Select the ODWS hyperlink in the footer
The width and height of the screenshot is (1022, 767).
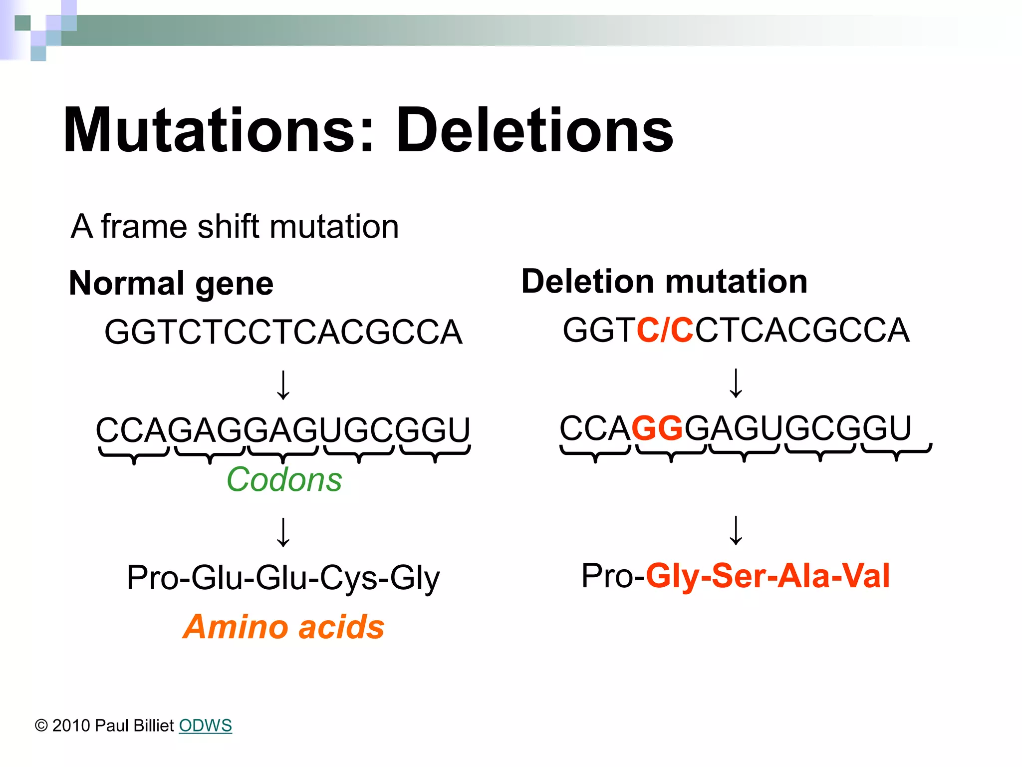(x=205, y=725)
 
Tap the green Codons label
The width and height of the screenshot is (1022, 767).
(x=284, y=479)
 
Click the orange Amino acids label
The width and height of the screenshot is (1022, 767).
(x=283, y=627)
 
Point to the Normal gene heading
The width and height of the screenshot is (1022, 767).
(x=171, y=283)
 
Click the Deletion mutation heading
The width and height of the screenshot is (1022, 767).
(x=664, y=281)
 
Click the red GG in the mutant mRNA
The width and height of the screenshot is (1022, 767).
(x=657, y=428)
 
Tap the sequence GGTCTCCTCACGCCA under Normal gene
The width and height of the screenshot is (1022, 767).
(x=283, y=332)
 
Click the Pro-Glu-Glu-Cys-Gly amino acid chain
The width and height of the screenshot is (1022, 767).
(x=283, y=578)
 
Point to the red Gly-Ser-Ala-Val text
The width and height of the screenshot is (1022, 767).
(x=767, y=576)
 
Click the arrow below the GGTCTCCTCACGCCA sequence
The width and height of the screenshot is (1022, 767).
(x=283, y=384)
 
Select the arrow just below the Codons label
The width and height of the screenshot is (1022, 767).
(x=283, y=532)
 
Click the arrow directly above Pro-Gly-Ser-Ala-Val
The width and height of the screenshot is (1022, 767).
(x=736, y=530)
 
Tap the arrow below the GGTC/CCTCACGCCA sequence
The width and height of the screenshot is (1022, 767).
(x=736, y=383)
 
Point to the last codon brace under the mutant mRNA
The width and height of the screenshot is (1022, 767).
(x=897, y=452)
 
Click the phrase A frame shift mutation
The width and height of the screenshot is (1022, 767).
(x=235, y=227)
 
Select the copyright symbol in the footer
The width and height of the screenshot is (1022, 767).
(x=41, y=726)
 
